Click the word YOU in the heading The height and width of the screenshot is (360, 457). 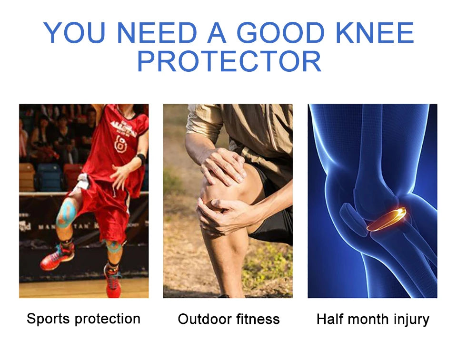75,33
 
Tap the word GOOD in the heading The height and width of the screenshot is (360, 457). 278,33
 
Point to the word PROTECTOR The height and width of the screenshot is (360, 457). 229,61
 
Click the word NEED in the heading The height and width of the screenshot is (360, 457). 158,33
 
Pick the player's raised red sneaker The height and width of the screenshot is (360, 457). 58,257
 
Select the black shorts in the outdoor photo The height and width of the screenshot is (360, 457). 273,224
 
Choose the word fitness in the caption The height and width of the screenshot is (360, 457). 257,319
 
